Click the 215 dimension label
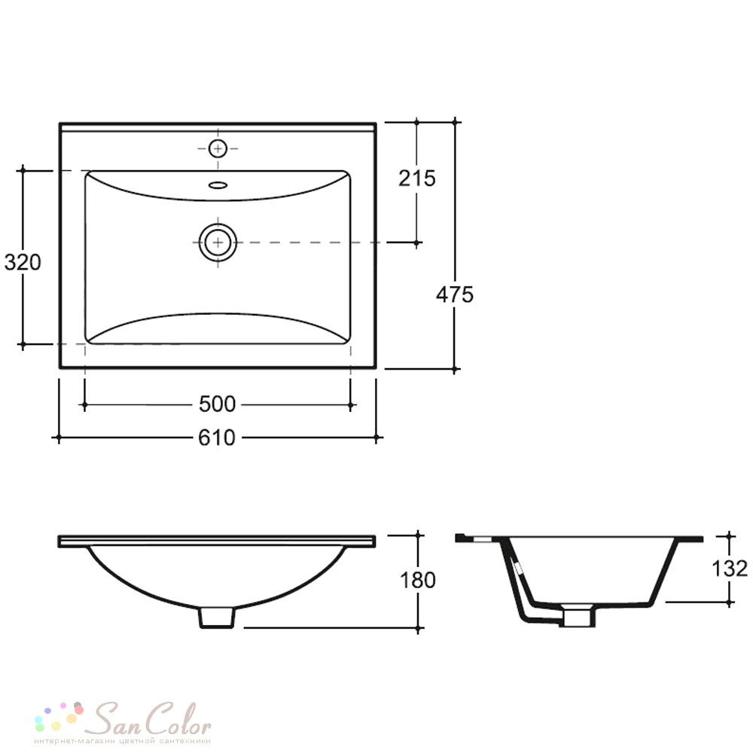[417, 178]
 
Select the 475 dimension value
[454, 294]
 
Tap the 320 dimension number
[23, 262]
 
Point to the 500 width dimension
[217, 404]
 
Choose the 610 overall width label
[217, 437]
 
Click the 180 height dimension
[417, 580]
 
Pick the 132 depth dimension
[730, 569]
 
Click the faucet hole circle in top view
[218, 149]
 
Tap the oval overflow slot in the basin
[218, 185]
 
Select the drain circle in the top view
[218, 242]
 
